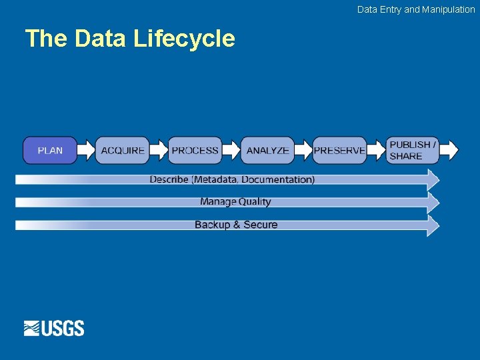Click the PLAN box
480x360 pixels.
point(50,151)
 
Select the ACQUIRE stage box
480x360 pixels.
point(123,151)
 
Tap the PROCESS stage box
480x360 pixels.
point(195,151)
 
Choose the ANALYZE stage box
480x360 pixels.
point(267,151)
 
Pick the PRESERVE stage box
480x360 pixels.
point(339,151)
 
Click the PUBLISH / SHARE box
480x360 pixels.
point(413,151)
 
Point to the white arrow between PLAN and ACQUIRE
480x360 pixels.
point(87,151)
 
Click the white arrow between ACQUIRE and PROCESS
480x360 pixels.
point(159,151)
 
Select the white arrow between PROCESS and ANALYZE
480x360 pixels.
point(231,151)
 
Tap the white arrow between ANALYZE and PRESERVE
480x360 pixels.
point(304,151)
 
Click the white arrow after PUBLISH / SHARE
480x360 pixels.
point(450,151)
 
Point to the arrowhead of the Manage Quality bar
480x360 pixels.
point(433,202)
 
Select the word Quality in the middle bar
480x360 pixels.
point(255,201)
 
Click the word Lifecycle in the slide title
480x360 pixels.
point(184,39)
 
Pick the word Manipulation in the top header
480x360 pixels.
point(449,9)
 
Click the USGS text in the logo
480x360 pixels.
point(63,328)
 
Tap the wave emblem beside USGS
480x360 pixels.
point(33,328)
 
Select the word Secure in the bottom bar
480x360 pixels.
point(261,225)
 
